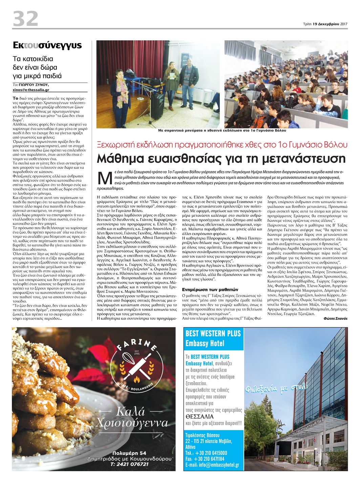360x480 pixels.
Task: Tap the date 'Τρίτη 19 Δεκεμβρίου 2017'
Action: pyautogui.click(x=325, y=24)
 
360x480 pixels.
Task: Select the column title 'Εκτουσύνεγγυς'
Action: pyautogui.click(x=47, y=45)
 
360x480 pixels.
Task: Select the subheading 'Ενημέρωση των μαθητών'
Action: pyautogui.click(x=210, y=290)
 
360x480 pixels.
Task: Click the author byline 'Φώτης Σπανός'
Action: pyautogui.click(x=335, y=318)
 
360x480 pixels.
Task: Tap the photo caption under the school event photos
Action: pyautogui.click(x=222, y=130)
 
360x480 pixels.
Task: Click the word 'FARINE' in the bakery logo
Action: pyautogui.click(x=137, y=344)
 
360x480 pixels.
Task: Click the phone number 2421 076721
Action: pyautogui.click(x=129, y=464)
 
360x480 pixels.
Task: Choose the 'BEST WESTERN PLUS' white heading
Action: pyautogui.click(x=213, y=334)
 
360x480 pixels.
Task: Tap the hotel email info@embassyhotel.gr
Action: pyautogui.click(x=212, y=465)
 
